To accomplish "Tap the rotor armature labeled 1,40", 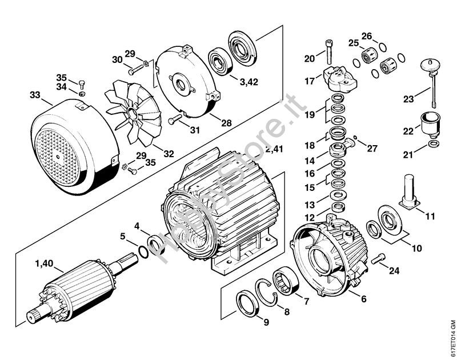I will [80, 286].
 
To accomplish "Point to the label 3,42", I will [248, 82].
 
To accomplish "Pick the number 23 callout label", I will [408, 99].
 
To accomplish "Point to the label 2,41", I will [274, 149].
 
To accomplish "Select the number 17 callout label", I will [309, 81].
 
